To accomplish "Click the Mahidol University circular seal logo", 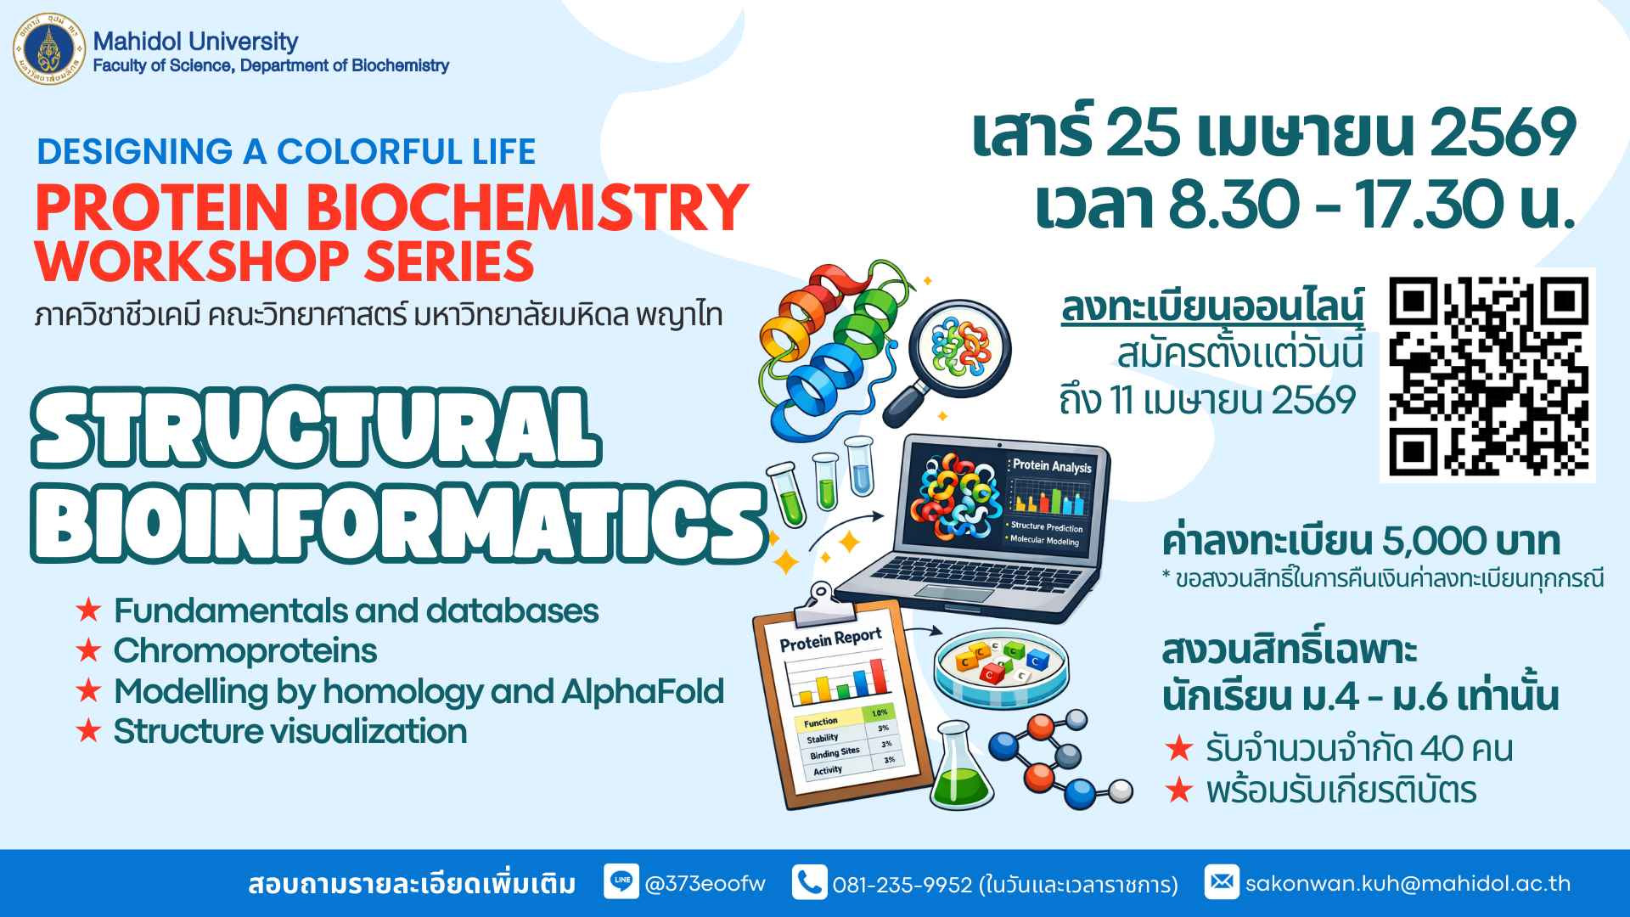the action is click(x=49, y=49).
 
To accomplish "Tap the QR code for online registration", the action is click(x=1487, y=375).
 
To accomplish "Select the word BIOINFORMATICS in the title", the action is click(x=399, y=523).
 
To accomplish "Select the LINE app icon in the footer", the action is click(x=621, y=881).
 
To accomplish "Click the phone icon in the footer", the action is click(x=809, y=882).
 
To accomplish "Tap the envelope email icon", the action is click(x=1222, y=882).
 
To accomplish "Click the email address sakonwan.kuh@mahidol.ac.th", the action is click(x=1408, y=884).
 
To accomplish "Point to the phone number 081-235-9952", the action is click(x=902, y=885).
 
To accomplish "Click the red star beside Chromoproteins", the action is click(x=88, y=650).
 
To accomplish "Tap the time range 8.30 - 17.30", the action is click(x=1336, y=205).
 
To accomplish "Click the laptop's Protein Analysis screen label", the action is click(x=1052, y=466).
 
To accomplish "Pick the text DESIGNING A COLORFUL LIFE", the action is click(x=286, y=152).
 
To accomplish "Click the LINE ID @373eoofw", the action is click(x=705, y=884).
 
